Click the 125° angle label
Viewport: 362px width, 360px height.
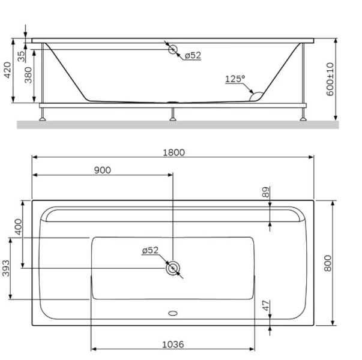coord(235,79)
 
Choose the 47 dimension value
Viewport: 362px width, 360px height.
coord(266,307)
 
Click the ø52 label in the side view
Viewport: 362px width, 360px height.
coord(193,55)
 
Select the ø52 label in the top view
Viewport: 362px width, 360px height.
coord(150,251)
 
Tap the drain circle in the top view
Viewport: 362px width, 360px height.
coord(173,268)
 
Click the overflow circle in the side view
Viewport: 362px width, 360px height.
coord(173,50)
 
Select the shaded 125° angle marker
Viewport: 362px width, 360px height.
coord(256,94)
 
